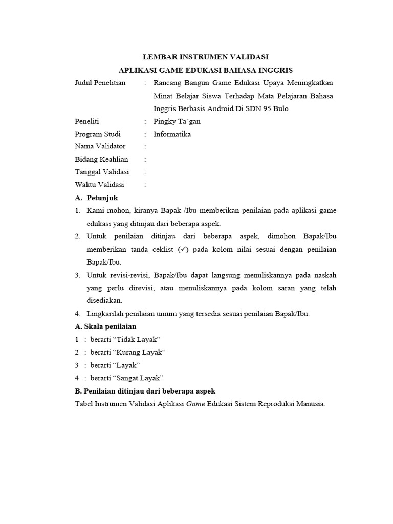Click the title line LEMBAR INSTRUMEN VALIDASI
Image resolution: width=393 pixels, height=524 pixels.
click(205, 57)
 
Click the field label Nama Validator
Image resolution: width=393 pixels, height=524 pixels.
click(100, 147)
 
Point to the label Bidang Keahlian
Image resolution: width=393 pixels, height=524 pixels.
click(101, 160)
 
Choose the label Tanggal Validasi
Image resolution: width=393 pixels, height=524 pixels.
click(102, 172)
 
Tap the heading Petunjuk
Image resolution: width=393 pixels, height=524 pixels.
click(102, 198)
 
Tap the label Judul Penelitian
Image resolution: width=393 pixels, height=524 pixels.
click(100, 83)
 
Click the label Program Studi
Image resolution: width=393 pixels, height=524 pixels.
click(98, 134)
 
